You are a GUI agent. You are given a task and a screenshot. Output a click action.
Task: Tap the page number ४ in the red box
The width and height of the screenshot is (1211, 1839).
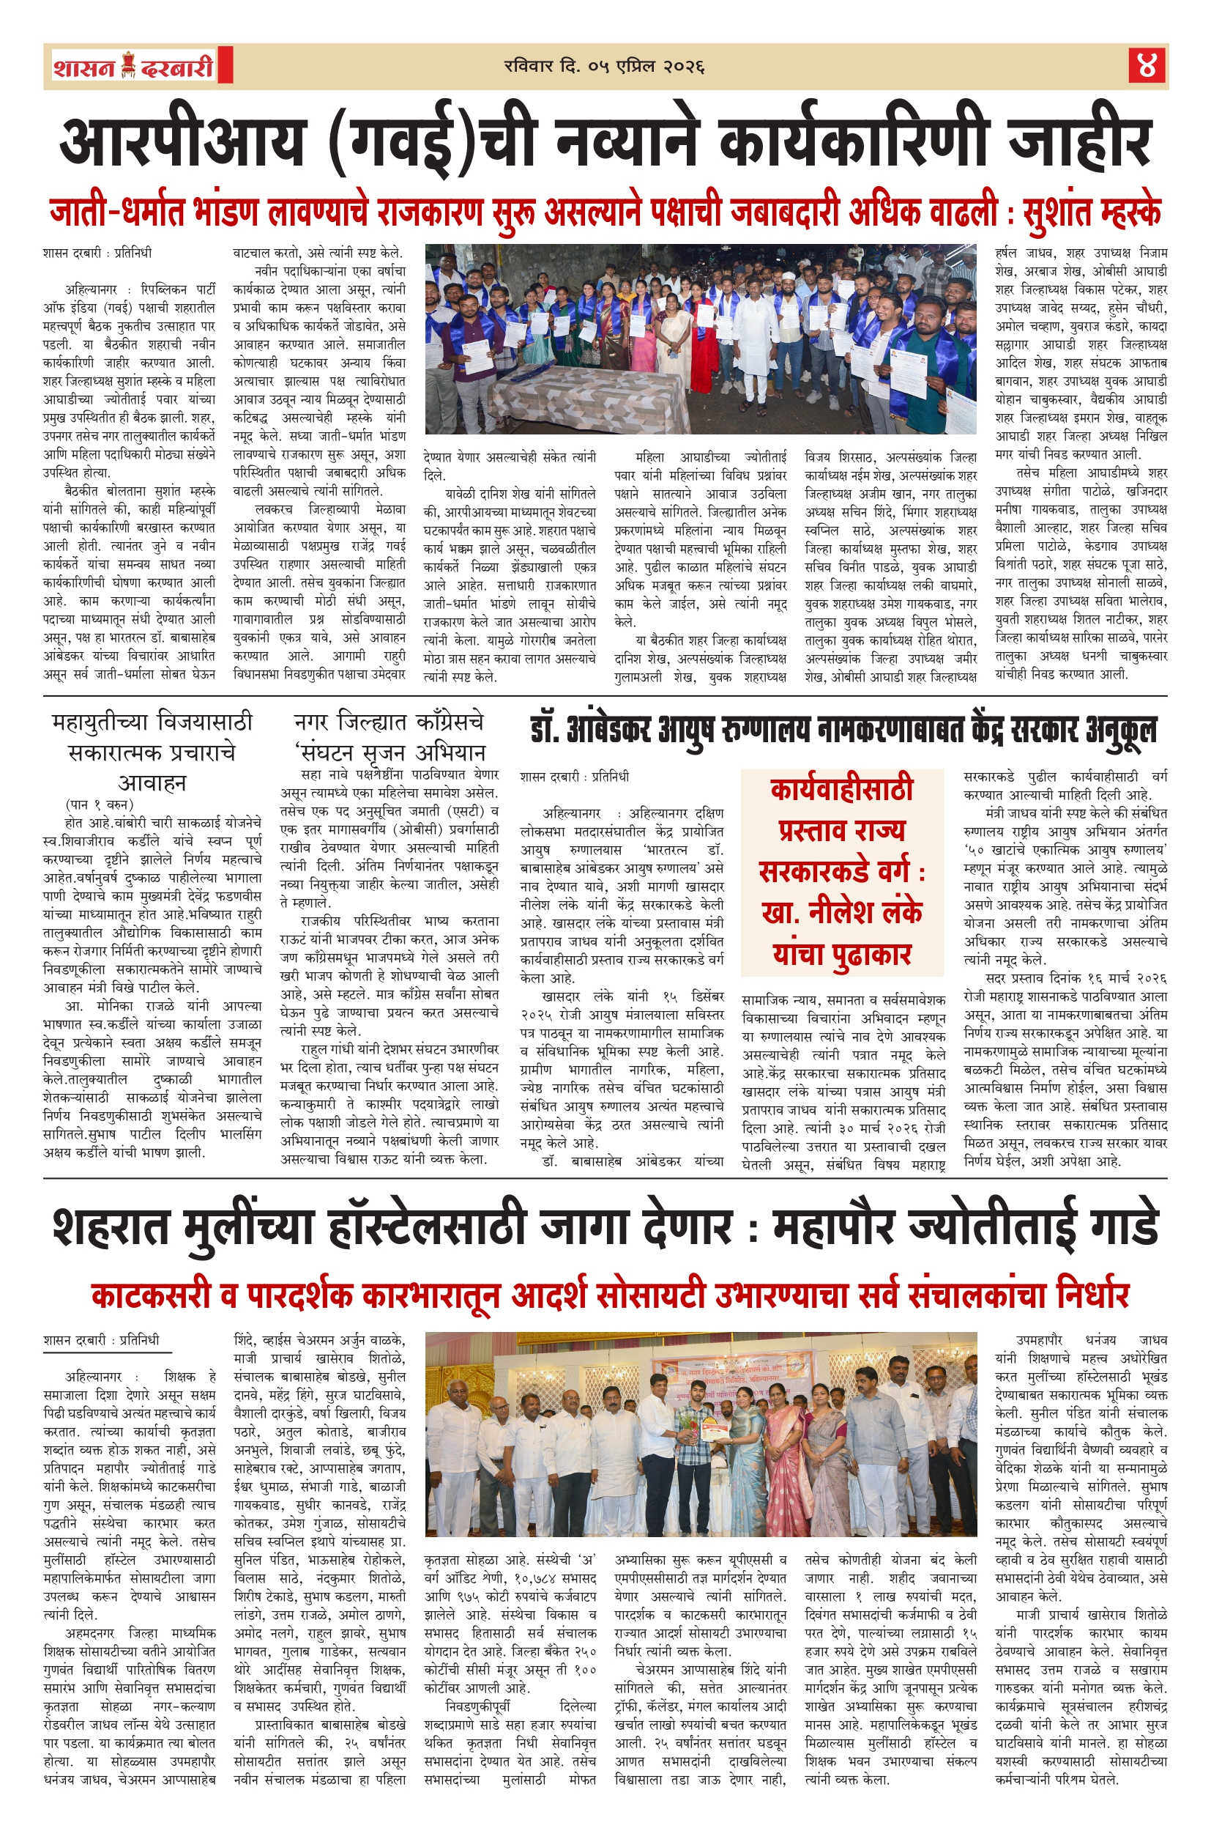(x=1146, y=67)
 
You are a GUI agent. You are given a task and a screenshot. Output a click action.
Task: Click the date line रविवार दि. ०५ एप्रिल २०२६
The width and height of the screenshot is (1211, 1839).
(x=604, y=67)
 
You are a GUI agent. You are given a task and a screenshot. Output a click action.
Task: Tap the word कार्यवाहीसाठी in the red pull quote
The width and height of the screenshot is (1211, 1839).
(x=842, y=789)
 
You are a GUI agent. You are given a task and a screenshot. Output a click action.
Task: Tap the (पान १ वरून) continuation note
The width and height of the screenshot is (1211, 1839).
(x=100, y=804)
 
